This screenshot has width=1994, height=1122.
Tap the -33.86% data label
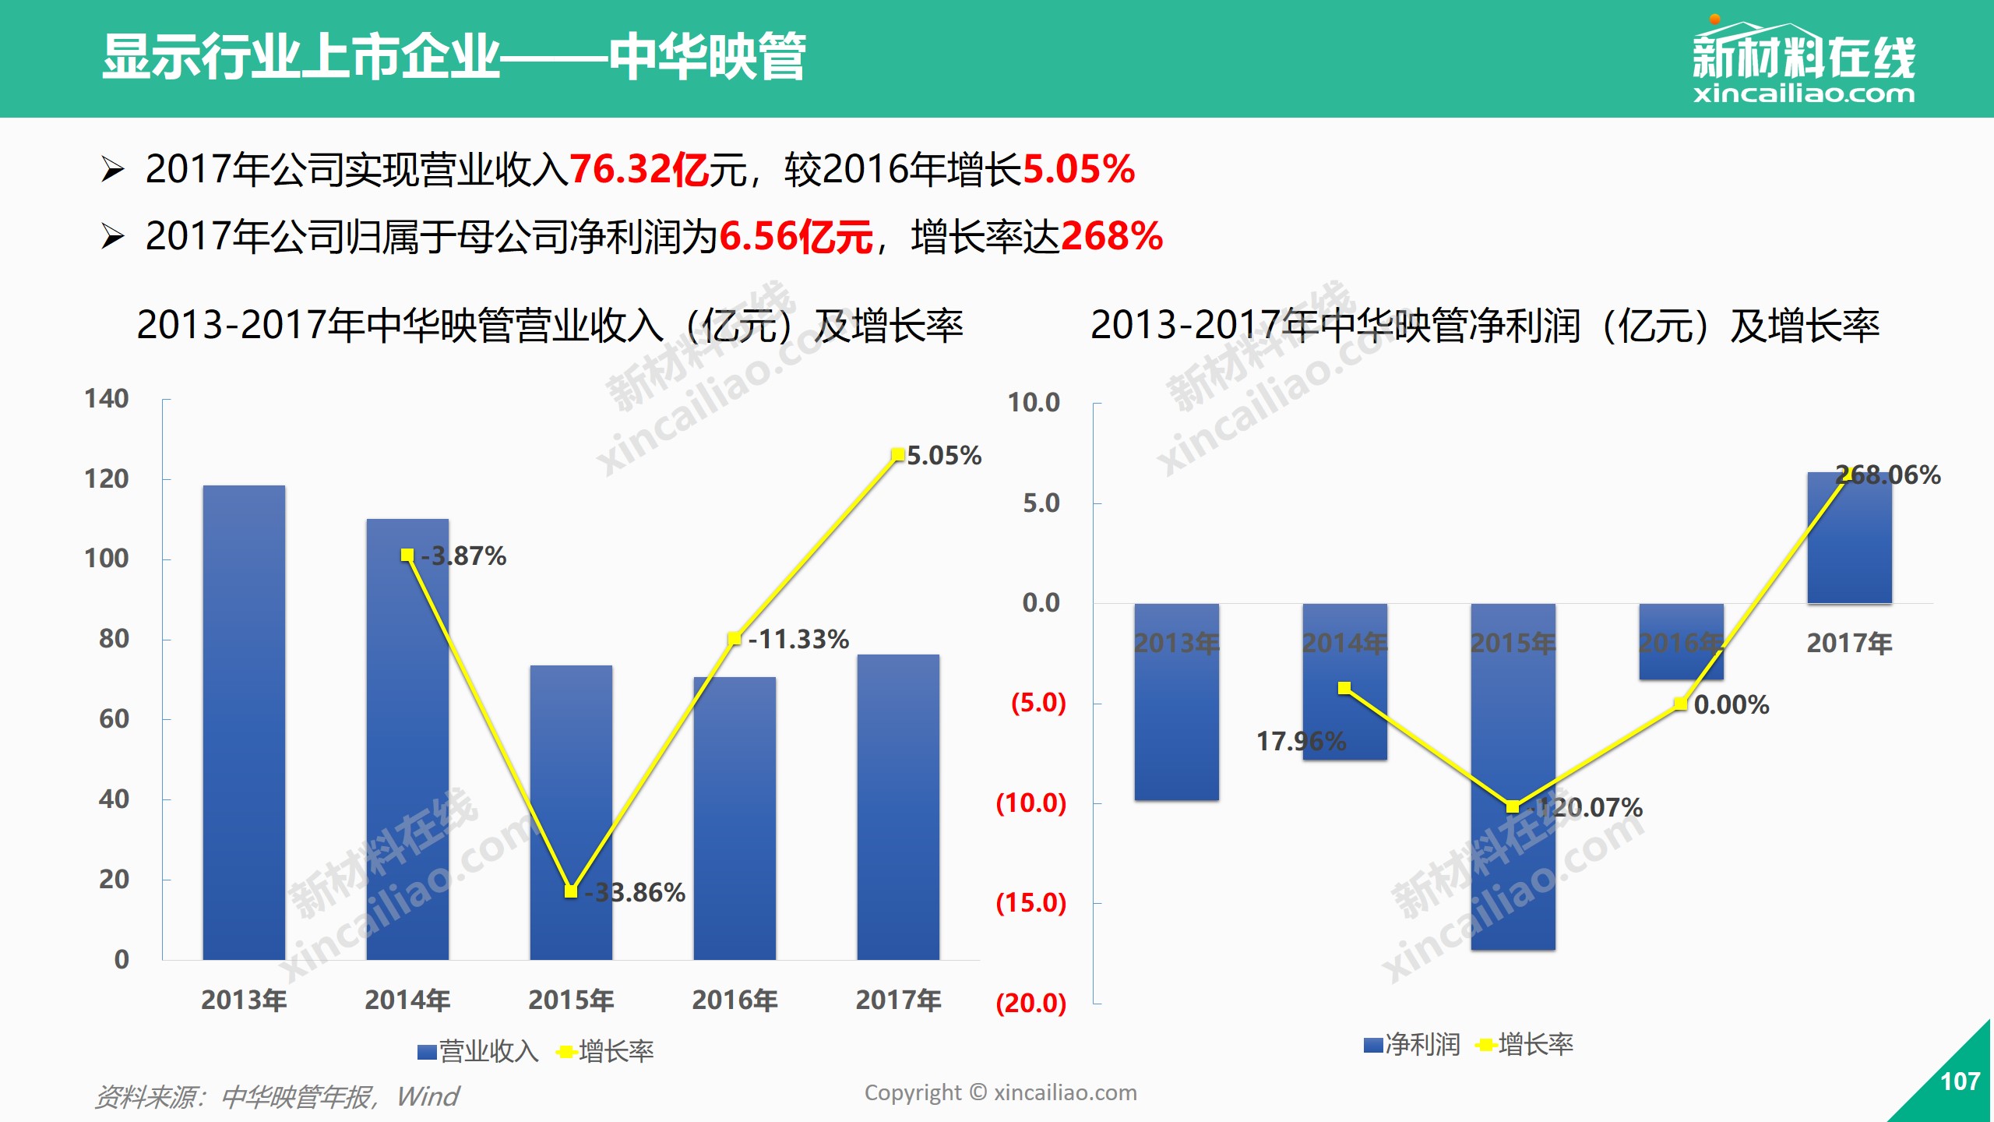(x=636, y=892)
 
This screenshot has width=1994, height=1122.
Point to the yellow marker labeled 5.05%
(x=897, y=454)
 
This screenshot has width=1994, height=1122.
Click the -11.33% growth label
(x=798, y=639)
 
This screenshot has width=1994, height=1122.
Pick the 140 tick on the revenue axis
(x=107, y=399)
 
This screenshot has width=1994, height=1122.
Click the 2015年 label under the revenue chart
(x=571, y=1000)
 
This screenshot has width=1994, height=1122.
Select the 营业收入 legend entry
(x=478, y=1051)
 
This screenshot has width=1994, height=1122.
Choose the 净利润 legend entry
(x=1412, y=1044)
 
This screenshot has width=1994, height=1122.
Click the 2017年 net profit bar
(x=1849, y=538)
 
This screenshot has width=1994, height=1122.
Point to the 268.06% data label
(x=1888, y=475)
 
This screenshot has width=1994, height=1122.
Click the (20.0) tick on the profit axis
(x=1030, y=1003)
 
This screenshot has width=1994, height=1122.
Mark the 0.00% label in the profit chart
(x=1732, y=704)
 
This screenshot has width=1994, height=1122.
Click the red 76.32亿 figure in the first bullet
(x=639, y=169)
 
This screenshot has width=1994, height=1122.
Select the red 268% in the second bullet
(x=1111, y=236)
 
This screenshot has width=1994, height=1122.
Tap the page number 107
(x=1960, y=1081)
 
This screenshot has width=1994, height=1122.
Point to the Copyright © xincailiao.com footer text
(x=1000, y=1092)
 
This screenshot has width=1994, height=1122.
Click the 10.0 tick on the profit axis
(x=1034, y=403)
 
